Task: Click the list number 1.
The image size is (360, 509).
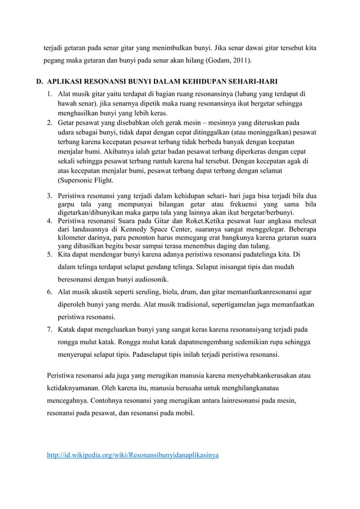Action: coord(50,93)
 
